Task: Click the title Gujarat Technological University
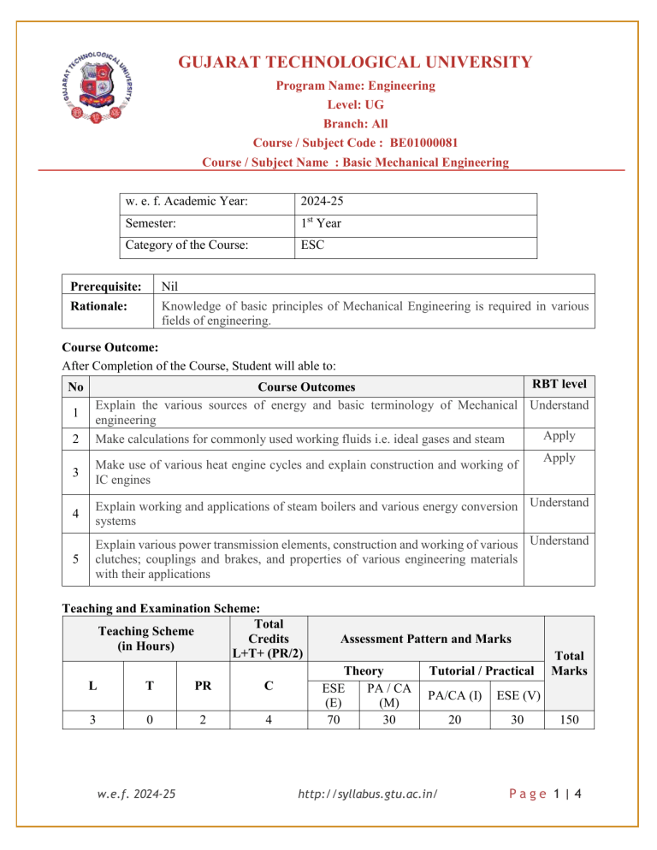click(355, 62)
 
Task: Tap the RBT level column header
click(559, 386)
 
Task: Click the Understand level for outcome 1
click(559, 404)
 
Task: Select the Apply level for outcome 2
click(559, 436)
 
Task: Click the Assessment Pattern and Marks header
click(425, 638)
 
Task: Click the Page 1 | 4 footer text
click(542, 818)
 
